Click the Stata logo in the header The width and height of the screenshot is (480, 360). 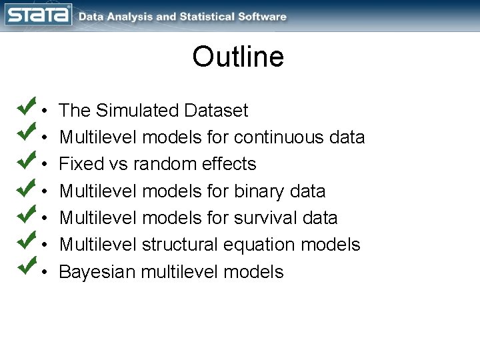click(x=39, y=15)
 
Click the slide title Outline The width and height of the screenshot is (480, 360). click(x=238, y=57)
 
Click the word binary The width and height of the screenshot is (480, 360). click(x=259, y=191)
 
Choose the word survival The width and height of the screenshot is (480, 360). click(x=265, y=218)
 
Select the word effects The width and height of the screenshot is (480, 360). click(x=231, y=164)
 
